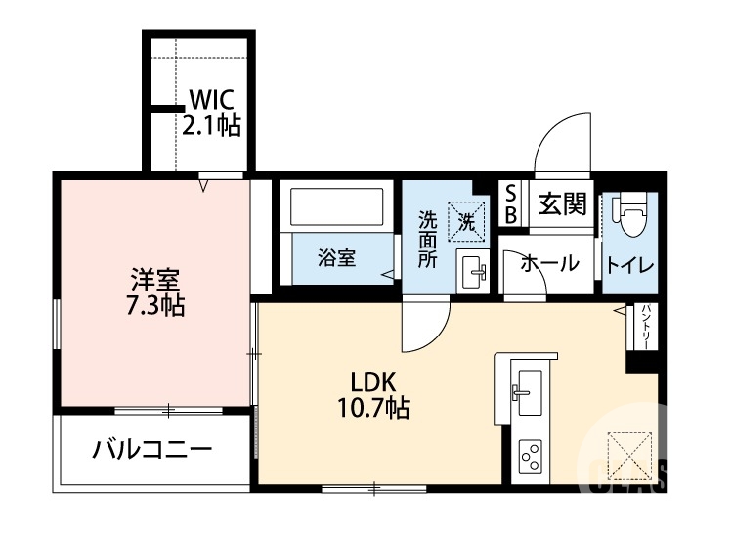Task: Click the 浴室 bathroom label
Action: [x=337, y=258]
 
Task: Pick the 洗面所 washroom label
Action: [x=428, y=241]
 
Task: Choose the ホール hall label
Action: [x=549, y=263]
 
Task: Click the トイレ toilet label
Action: [x=629, y=264]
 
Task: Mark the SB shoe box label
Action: [x=510, y=203]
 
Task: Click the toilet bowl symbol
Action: [x=630, y=216]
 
